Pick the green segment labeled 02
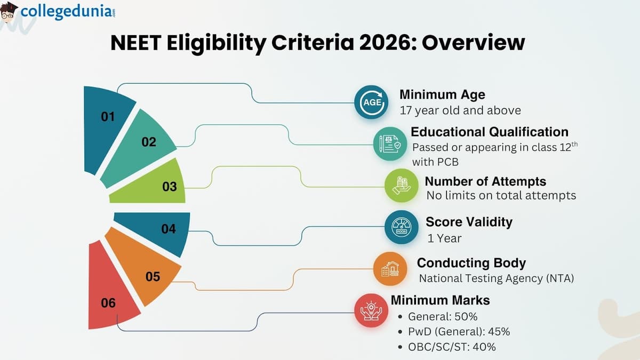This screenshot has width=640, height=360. point(144,147)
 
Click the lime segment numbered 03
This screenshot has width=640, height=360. point(160,184)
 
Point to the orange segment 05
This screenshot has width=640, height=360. point(147,272)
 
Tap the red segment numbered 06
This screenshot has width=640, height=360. point(109,299)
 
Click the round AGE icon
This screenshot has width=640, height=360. point(372,102)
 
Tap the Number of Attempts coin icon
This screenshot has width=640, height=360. point(401,186)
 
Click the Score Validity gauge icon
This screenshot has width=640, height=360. point(402,227)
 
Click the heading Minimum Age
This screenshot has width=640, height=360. point(442,95)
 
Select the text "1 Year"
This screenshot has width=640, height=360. point(444,238)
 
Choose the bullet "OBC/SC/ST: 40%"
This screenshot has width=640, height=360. point(452,347)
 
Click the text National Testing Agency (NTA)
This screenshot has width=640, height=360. point(496,278)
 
